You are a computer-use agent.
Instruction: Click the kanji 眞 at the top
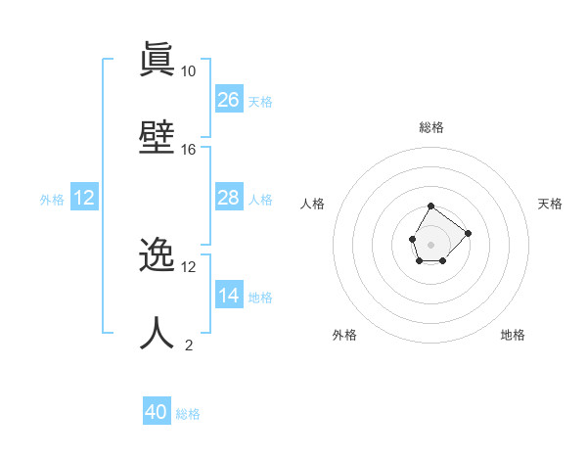pos(157,60)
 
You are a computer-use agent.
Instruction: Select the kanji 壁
pos(157,137)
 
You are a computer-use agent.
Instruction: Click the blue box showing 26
pos(229,99)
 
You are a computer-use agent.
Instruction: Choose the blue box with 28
pos(229,198)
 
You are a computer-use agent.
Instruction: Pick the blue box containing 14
pos(229,295)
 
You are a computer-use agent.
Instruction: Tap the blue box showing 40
pos(157,412)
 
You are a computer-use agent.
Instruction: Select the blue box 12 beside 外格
pos(84,198)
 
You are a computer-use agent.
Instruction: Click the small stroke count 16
pos(189,150)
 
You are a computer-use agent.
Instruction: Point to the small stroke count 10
pos(189,71)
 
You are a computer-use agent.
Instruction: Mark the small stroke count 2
pos(189,345)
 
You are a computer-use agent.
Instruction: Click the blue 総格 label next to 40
pos(188,414)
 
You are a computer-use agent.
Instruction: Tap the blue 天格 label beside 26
pos(260,101)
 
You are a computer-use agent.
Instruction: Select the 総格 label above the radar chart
pos(431,127)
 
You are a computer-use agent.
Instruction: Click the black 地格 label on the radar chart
pos(513,335)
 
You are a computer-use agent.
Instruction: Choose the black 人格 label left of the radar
pos(313,204)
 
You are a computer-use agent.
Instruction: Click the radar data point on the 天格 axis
pos(468,233)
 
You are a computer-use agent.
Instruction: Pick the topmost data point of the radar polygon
pos(430,207)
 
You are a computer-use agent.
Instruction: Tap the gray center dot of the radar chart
pos(430,243)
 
